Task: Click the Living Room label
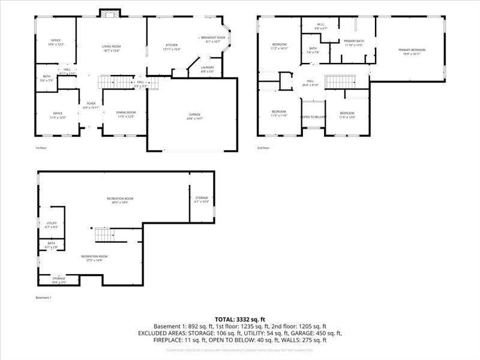click(x=111, y=46)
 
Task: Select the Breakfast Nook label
click(x=212, y=38)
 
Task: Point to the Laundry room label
click(x=208, y=67)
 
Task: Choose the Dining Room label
click(x=126, y=112)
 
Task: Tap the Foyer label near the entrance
click(x=91, y=103)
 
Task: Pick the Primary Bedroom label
click(x=412, y=50)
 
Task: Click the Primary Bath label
click(x=354, y=41)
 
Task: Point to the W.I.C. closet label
click(x=322, y=25)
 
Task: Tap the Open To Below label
click(x=313, y=116)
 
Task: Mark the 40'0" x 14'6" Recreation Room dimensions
click(x=120, y=203)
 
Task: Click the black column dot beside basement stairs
click(x=93, y=229)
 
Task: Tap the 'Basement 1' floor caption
click(x=44, y=298)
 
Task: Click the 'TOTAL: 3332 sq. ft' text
click(x=240, y=319)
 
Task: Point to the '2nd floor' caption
click(x=263, y=148)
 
